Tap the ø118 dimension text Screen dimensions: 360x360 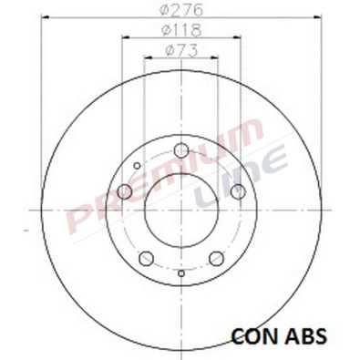(x=180, y=32)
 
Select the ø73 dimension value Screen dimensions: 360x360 (x=180, y=52)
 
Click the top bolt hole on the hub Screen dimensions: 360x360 (x=180, y=150)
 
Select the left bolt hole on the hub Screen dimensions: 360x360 (x=125, y=191)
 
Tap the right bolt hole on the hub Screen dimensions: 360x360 (x=237, y=191)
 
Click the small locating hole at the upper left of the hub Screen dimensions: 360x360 (x=137, y=166)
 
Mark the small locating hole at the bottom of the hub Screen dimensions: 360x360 (x=180, y=273)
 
